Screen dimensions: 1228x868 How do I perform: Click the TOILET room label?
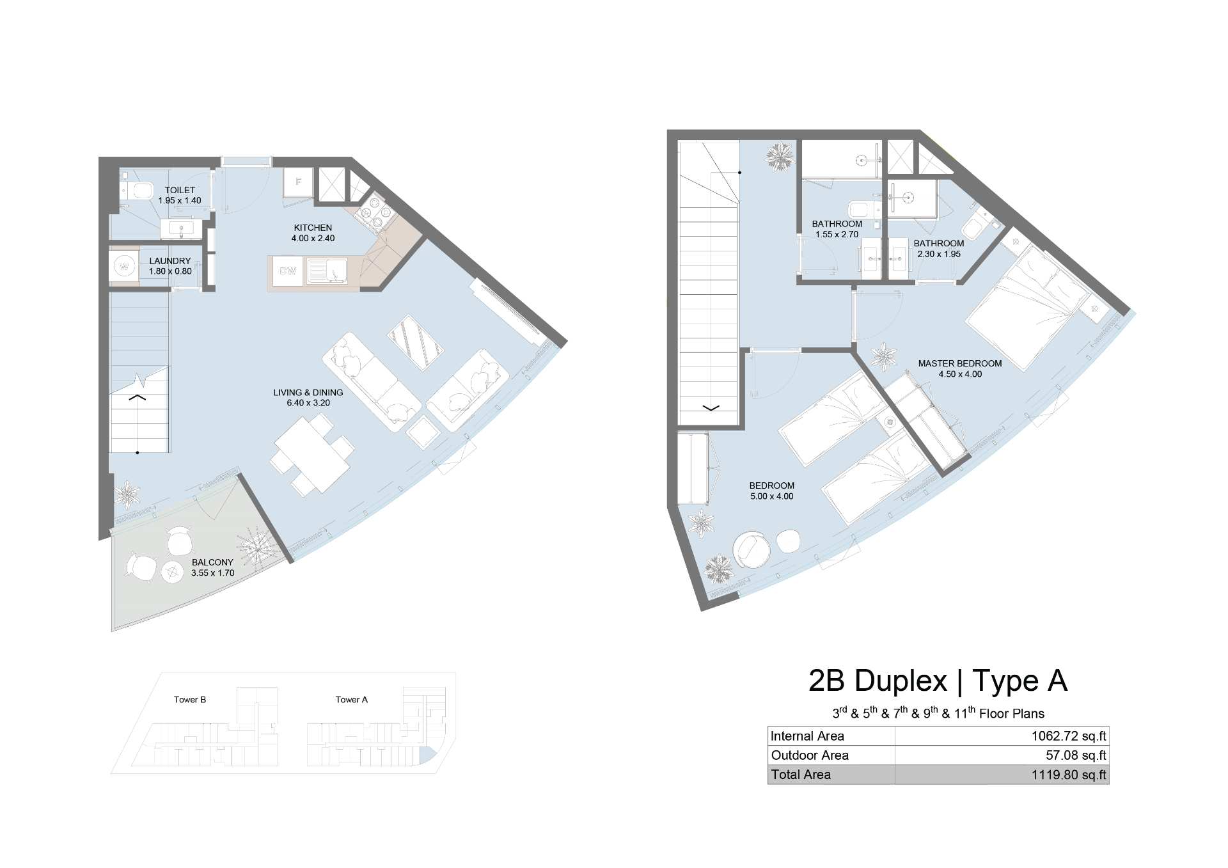(180, 190)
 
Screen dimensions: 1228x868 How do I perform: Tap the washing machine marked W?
(124, 265)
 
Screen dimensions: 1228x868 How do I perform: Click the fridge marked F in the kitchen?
(298, 182)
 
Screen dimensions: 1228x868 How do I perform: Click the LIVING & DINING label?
(308, 392)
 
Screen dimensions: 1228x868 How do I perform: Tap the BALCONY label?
(212, 562)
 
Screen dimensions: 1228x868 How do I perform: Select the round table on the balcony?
(173, 571)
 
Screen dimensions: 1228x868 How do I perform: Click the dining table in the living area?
(313, 454)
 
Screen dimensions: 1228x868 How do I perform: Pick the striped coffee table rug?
(415, 342)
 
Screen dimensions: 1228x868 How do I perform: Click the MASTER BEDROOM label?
(960, 363)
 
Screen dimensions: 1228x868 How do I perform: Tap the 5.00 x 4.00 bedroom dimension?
(772, 496)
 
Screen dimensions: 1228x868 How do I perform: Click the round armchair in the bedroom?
(753, 549)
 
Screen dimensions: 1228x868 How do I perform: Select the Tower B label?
(190, 700)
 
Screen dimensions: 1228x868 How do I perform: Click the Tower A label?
(352, 700)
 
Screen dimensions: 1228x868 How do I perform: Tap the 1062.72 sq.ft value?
(1069, 736)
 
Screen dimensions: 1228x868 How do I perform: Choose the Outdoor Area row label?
(810, 755)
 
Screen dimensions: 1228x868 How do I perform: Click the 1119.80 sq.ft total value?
(1069, 775)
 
